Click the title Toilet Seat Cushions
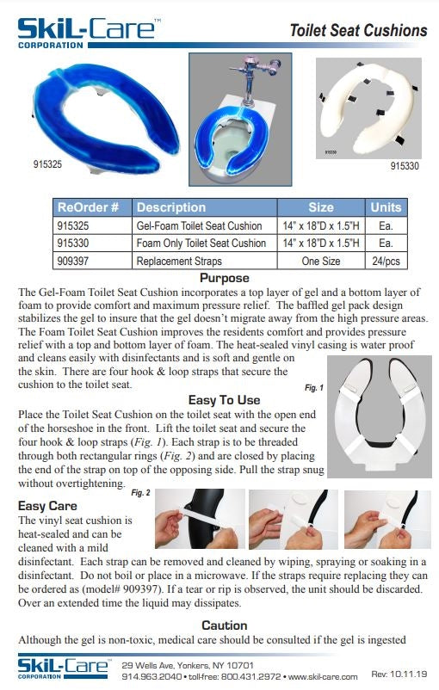click(x=357, y=31)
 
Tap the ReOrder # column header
click(x=92, y=207)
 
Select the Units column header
click(x=386, y=207)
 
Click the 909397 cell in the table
click(x=77, y=260)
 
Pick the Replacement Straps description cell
click(x=179, y=260)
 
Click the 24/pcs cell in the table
click(x=386, y=260)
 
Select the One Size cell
click(x=320, y=260)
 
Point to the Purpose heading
click(x=225, y=278)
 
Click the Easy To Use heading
click(x=224, y=399)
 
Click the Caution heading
click(x=225, y=625)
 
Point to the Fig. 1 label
click(x=314, y=388)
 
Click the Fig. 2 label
click(x=140, y=493)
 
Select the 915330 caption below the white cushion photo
click(x=405, y=165)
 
